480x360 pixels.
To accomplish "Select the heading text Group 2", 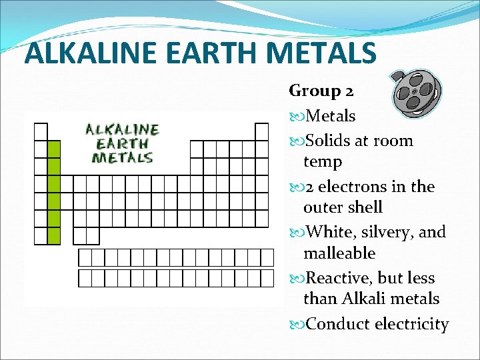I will coord(321,90).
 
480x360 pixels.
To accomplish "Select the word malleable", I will coord(339,253).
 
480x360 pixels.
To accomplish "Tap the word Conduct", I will coord(337,324).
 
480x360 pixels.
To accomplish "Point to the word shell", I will coord(364,207).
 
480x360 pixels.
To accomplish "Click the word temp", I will coord(323,162).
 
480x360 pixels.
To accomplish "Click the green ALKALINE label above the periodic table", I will coord(122,130).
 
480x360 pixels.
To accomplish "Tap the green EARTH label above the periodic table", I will coord(122,143).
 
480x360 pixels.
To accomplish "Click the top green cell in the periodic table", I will coord(54,149).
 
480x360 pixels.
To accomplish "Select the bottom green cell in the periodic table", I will coord(54,235).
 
